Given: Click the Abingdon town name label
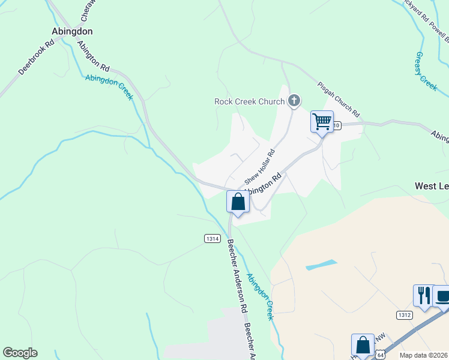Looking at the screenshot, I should (72, 31).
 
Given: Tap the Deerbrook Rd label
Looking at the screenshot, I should (36, 58).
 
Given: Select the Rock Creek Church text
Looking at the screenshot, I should (249, 101).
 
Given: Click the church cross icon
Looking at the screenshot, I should (294, 101).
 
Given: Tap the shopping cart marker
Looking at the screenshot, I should (322, 122).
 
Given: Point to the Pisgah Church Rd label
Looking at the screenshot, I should (338, 100).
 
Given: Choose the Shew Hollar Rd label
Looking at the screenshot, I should (259, 167).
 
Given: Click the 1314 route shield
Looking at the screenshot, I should (211, 238).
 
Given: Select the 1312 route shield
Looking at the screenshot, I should (404, 315).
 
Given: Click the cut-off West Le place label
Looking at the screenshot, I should (432, 187).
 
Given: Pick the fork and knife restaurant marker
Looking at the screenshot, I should (423, 295).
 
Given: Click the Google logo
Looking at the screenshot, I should (20, 353).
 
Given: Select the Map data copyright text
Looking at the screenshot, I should (424, 355).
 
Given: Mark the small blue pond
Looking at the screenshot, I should (321, 265).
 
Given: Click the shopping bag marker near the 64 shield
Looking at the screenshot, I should (363, 346).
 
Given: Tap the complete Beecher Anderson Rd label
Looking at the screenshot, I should (237, 275).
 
